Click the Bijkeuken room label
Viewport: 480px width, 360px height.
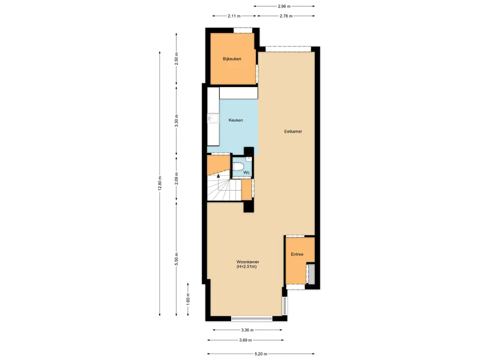[232, 59]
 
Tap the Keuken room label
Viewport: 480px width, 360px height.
[236, 120]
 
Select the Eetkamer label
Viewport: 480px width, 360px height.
[293, 132]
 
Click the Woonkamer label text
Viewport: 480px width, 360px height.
[248, 262]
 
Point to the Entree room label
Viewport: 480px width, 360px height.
[297, 255]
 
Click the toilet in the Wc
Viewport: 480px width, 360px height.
[238, 166]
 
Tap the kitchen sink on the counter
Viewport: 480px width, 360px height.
[212, 119]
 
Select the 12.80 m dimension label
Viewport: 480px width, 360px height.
[160, 183]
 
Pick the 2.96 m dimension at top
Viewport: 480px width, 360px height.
[284, 7]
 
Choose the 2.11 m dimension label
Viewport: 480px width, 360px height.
[234, 16]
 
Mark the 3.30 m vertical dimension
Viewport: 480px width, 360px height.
[176, 121]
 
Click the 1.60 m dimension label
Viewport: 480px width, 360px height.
[188, 300]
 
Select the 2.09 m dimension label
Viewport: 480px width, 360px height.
[176, 180]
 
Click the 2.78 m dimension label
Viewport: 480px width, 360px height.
[285, 16]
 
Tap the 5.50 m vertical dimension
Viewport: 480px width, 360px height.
[176, 259]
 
